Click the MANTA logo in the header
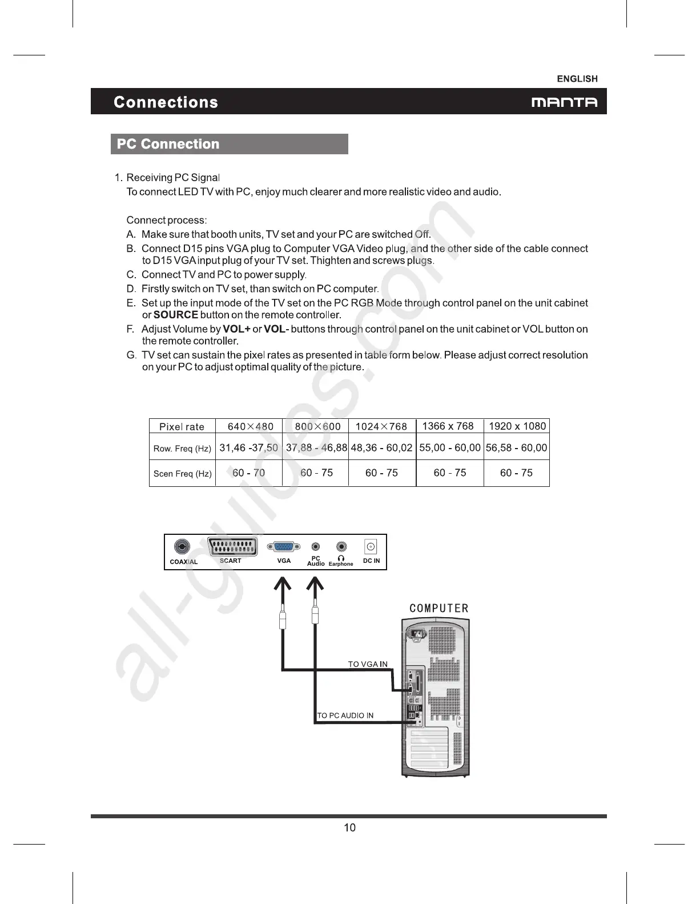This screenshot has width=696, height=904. click(564, 103)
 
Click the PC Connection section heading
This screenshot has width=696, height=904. click(168, 144)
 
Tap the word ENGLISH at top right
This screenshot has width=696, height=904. click(577, 79)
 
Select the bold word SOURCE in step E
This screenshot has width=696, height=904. click(176, 315)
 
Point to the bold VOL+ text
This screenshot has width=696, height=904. click(236, 329)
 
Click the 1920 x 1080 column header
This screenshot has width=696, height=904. click(517, 426)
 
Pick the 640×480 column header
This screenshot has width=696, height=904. click(250, 427)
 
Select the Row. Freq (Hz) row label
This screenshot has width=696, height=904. click(182, 449)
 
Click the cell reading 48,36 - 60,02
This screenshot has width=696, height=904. click(381, 448)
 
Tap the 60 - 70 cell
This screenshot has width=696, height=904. click(248, 473)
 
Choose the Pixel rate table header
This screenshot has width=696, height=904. click(182, 427)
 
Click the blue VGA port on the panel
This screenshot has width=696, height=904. click(284, 547)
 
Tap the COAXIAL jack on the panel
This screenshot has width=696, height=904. click(182, 547)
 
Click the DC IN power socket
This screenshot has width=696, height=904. click(371, 547)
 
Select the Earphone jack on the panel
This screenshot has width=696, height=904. click(341, 547)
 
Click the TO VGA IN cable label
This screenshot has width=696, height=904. click(368, 664)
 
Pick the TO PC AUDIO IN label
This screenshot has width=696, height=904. click(345, 715)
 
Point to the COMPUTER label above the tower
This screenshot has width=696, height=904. click(438, 609)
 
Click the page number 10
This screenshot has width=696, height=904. click(349, 827)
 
